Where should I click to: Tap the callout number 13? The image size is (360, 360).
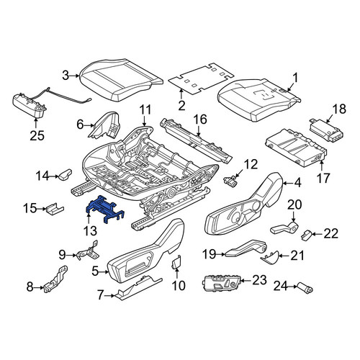point(90,231)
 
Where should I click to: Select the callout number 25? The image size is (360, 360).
point(37,135)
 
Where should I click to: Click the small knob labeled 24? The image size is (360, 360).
point(305,287)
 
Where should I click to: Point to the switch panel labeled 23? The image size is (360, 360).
point(222,282)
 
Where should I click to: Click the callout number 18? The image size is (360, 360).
point(339,109)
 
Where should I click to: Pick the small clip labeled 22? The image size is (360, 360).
point(306,235)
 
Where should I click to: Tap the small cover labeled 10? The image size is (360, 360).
point(177,263)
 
